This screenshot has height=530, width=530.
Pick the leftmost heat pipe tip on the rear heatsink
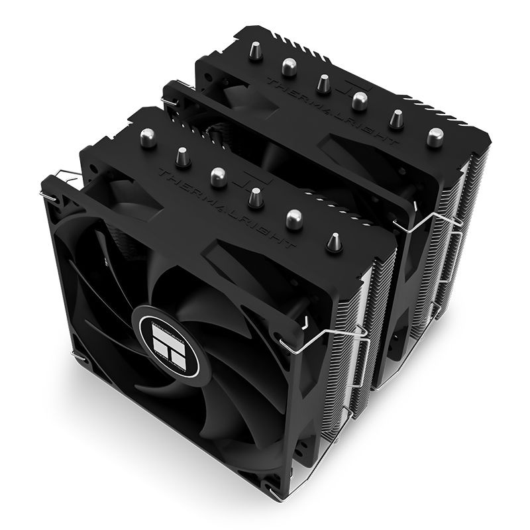[x=252, y=46]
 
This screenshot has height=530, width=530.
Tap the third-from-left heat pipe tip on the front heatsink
[x=216, y=176]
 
